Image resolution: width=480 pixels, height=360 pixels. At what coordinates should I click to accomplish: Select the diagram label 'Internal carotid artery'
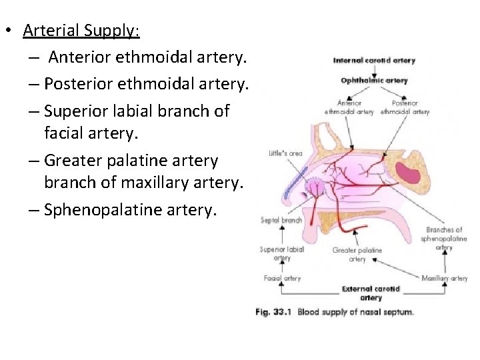pyautogui.click(x=374, y=61)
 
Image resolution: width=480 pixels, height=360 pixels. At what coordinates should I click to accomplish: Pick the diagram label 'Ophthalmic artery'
pyautogui.click(x=374, y=81)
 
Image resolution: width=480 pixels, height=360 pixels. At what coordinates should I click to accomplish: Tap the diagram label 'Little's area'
pyautogui.click(x=285, y=153)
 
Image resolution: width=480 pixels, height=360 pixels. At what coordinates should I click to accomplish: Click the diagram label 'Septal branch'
pyautogui.click(x=281, y=220)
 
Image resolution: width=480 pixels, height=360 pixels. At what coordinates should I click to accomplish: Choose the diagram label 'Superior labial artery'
pyautogui.click(x=281, y=253)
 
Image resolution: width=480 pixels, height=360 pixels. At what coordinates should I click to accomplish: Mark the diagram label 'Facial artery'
pyautogui.click(x=282, y=278)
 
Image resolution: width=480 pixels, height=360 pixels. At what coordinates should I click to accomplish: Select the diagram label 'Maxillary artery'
pyautogui.click(x=445, y=278)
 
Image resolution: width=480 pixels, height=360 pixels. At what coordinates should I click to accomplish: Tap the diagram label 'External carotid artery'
pyautogui.click(x=371, y=293)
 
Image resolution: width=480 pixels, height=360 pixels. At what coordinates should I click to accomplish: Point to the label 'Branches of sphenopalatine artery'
pyautogui.click(x=445, y=239)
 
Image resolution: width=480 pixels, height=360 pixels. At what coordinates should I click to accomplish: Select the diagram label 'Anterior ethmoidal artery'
pyautogui.click(x=349, y=108)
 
